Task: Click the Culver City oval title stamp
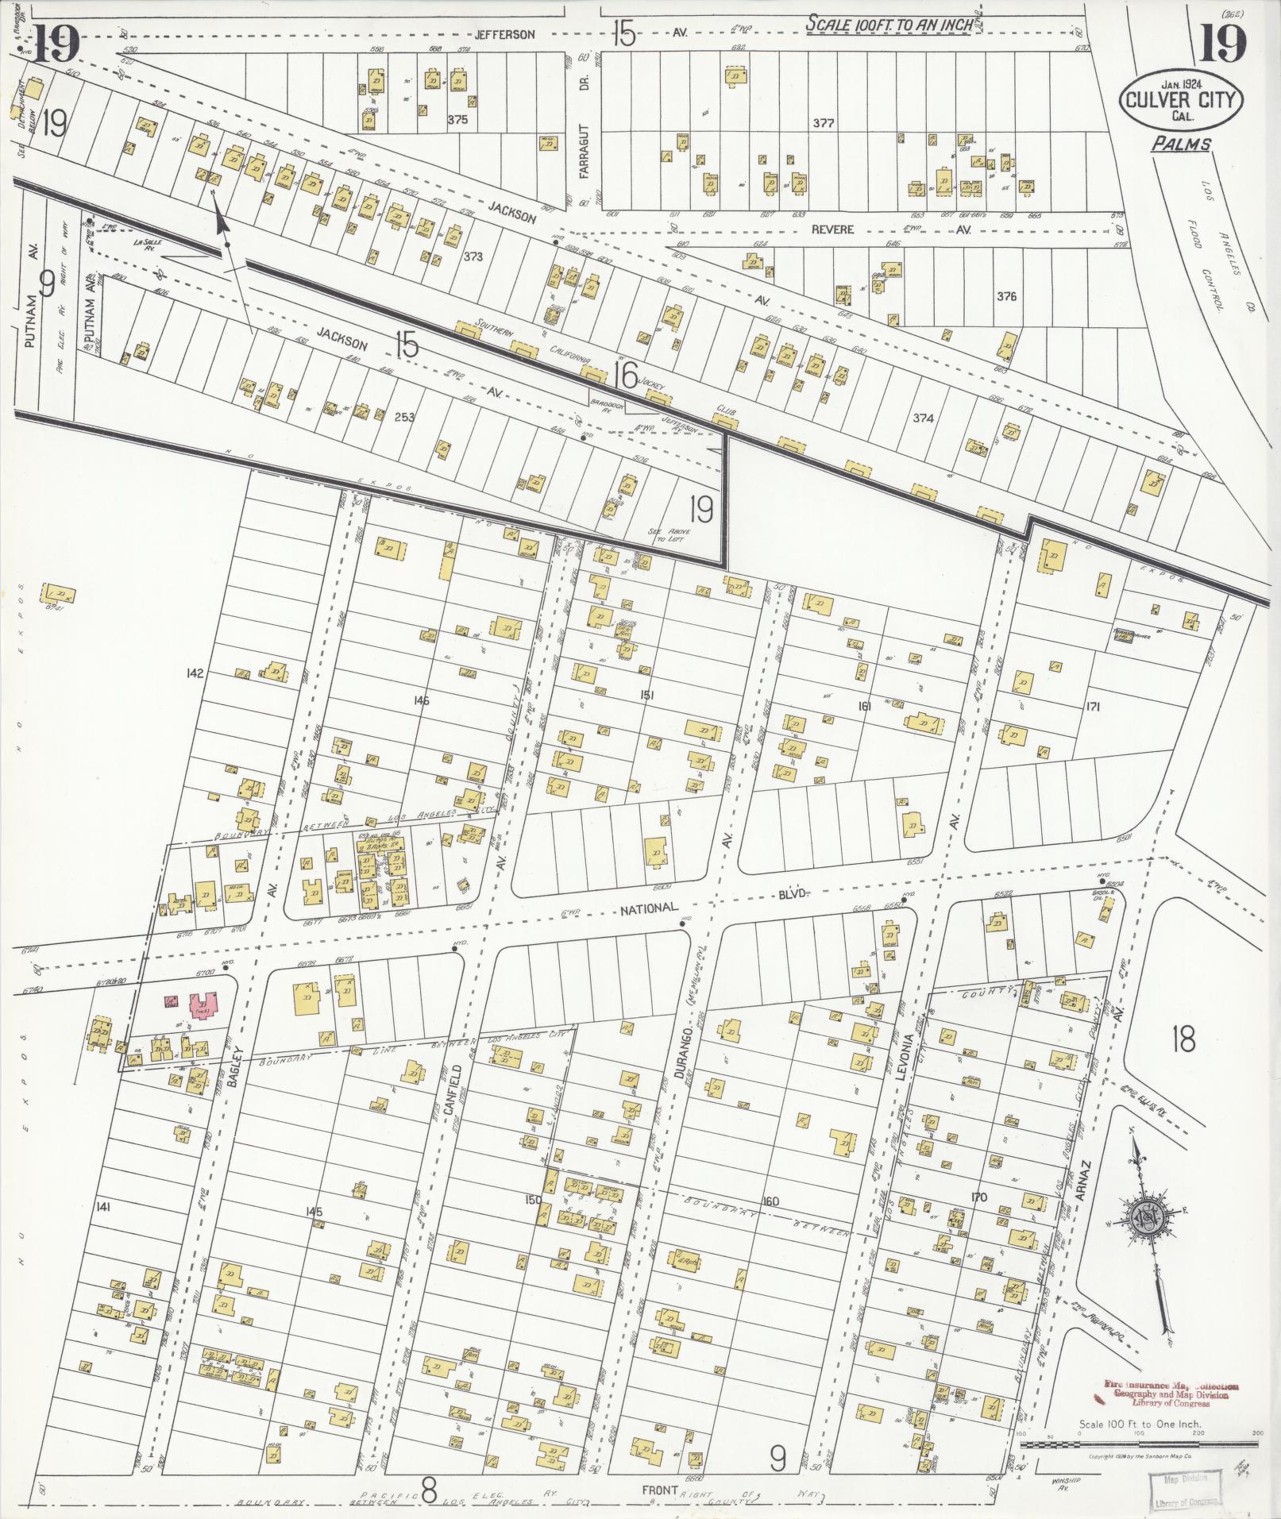click(1180, 102)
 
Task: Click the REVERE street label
click(833, 229)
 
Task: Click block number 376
click(1006, 296)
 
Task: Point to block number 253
click(405, 416)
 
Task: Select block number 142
click(194, 673)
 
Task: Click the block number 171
click(1092, 706)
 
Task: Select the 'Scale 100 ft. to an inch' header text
click(889, 24)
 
